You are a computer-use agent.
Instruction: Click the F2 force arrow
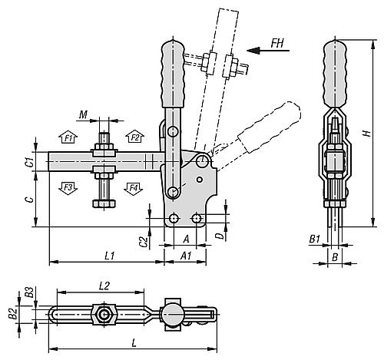[x=135, y=137]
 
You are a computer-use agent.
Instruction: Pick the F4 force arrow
[x=135, y=187]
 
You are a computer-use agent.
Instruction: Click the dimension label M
[x=83, y=115]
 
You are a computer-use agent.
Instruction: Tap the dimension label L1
[x=109, y=254]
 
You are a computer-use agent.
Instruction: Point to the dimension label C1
[x=28, y=162]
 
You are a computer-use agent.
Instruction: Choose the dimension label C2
[x=144, y=241]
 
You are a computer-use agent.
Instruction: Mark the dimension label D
[x=220, y=236]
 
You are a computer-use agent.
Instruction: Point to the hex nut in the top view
[x=103, y=315]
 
